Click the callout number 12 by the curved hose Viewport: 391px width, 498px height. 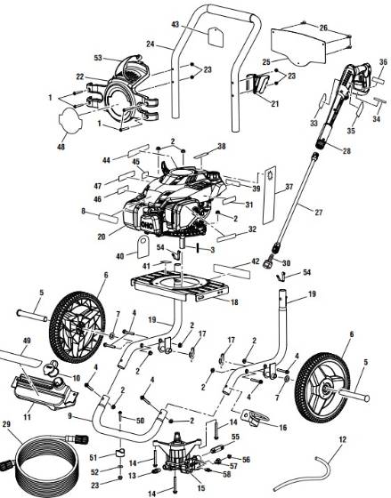point(342,439)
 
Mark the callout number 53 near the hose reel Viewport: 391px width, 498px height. point(124,57)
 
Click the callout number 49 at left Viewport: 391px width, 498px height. point(27,341)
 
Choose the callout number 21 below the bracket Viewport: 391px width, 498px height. point(274,103)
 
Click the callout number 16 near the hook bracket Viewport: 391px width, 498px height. point(282,429)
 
